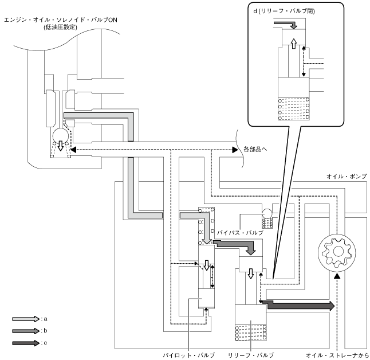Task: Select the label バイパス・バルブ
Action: [240, 233]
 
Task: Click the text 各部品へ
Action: [256, 150]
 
